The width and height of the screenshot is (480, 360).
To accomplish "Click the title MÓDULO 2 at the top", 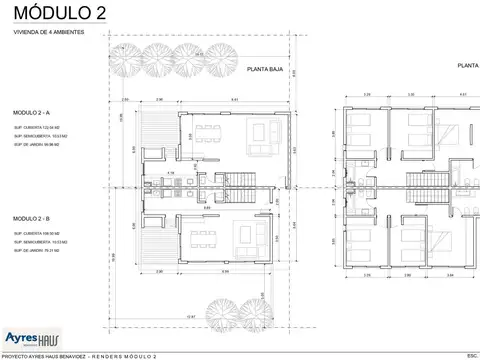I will coord(54,12).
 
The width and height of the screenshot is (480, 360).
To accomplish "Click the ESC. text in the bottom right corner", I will coord(470,355).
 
